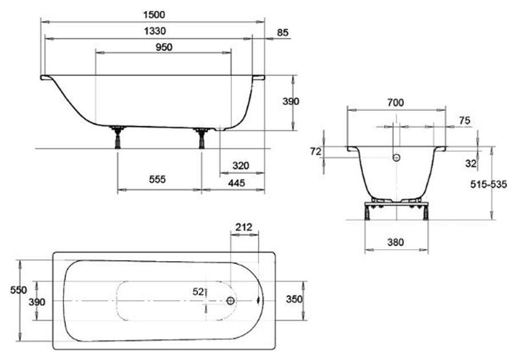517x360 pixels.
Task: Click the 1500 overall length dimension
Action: pos(154,15)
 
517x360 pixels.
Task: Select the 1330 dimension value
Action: pos(155,31)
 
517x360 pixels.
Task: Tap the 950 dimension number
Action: pos(164,47)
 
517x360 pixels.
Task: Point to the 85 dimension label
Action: pos(283,33)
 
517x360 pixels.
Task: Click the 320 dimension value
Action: pos(241,166)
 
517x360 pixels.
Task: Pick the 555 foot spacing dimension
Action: pos(157,179)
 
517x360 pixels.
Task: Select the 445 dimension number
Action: pos(236,183)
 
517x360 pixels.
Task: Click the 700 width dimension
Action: pos(395,103)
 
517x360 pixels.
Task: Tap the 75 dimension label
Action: pos(464,121)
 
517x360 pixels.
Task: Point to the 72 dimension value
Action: pos(316,151)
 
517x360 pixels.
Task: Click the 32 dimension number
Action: pos(471,163)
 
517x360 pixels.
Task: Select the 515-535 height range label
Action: pos(488,185)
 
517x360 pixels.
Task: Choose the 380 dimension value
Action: pos(395,242)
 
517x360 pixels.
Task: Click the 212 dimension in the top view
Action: pos(244,227)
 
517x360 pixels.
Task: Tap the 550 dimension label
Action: pos(18,290)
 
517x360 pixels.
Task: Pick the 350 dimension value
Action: pos(294,299)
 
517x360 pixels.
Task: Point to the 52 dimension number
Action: pos(198,292)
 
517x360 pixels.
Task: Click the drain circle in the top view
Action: pos(230,301)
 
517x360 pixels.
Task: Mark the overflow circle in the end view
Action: pos(397,158)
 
